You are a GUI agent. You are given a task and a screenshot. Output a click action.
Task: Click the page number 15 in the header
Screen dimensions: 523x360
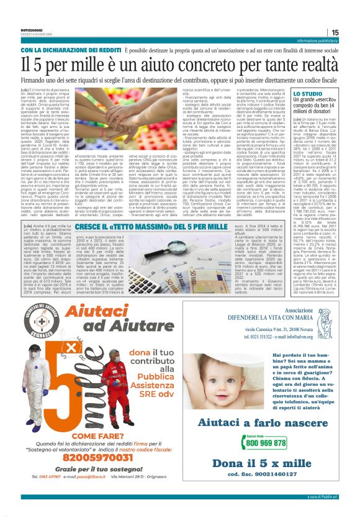tap(352, 33)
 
